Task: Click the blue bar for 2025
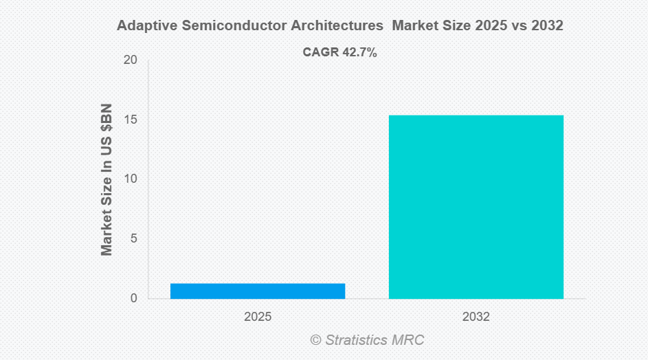[258, 291]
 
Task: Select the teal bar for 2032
[476, 207]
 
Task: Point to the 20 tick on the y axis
[130, 60]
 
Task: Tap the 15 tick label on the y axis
[130, 120]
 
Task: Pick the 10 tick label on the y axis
[130, 179]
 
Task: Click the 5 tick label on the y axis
[133, 239]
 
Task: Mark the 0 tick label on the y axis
[133, 298]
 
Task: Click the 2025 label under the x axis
[258, 317]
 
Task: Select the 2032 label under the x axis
[476, 317]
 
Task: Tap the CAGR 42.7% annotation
[339, 52]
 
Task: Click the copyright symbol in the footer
[315, 340]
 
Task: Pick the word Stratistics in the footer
[358, 340]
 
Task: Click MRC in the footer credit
[410, 340]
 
